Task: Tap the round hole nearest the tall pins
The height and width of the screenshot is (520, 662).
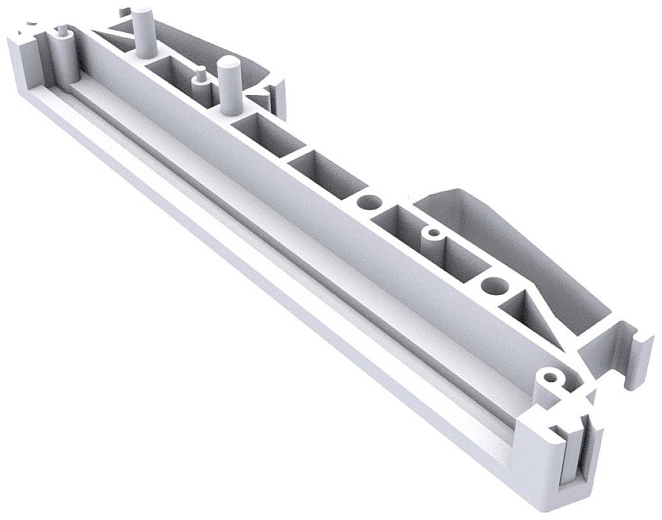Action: [367, 203]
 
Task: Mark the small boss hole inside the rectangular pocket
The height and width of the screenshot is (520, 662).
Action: [434, 232]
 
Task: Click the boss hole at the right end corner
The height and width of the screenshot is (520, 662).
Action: [547, 376]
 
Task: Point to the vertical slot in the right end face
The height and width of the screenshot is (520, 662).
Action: [572, 456]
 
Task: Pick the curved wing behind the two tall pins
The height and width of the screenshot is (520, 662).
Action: [210, 38]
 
